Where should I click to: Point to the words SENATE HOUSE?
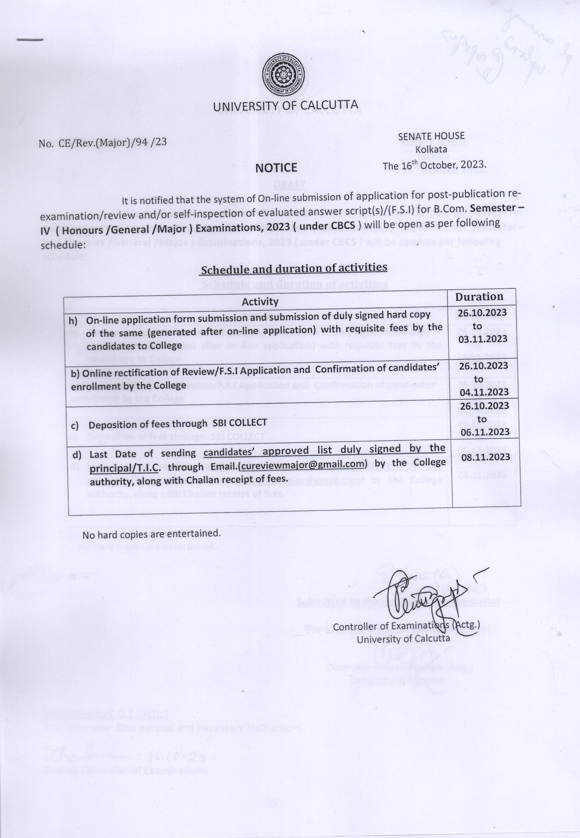click(431, 136)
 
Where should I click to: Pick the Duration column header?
click(479, 297)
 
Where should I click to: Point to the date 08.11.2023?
click(486, 457)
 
